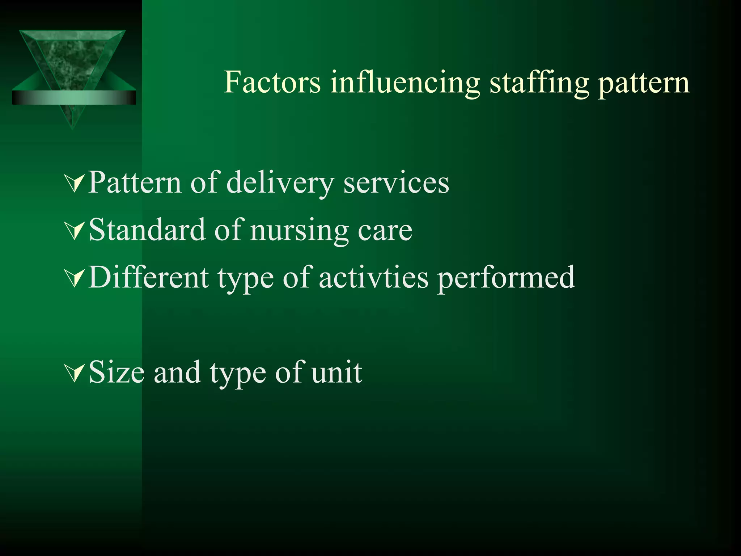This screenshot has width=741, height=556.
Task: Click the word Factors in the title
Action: (272, 83)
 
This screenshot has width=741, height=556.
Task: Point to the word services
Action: (396, 183)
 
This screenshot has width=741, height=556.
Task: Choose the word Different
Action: (149, 277)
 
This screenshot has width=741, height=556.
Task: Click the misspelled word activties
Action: (373, 277)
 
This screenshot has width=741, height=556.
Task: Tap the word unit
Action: (336, 372)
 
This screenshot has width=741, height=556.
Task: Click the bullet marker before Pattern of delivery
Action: (75, 183)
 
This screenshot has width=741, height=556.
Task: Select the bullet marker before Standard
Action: (75, 231)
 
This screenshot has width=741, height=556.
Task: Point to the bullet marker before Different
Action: (75, 278)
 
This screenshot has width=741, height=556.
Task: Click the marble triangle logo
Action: (72, 58)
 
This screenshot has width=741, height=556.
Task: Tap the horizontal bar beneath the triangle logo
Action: (74, 98)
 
